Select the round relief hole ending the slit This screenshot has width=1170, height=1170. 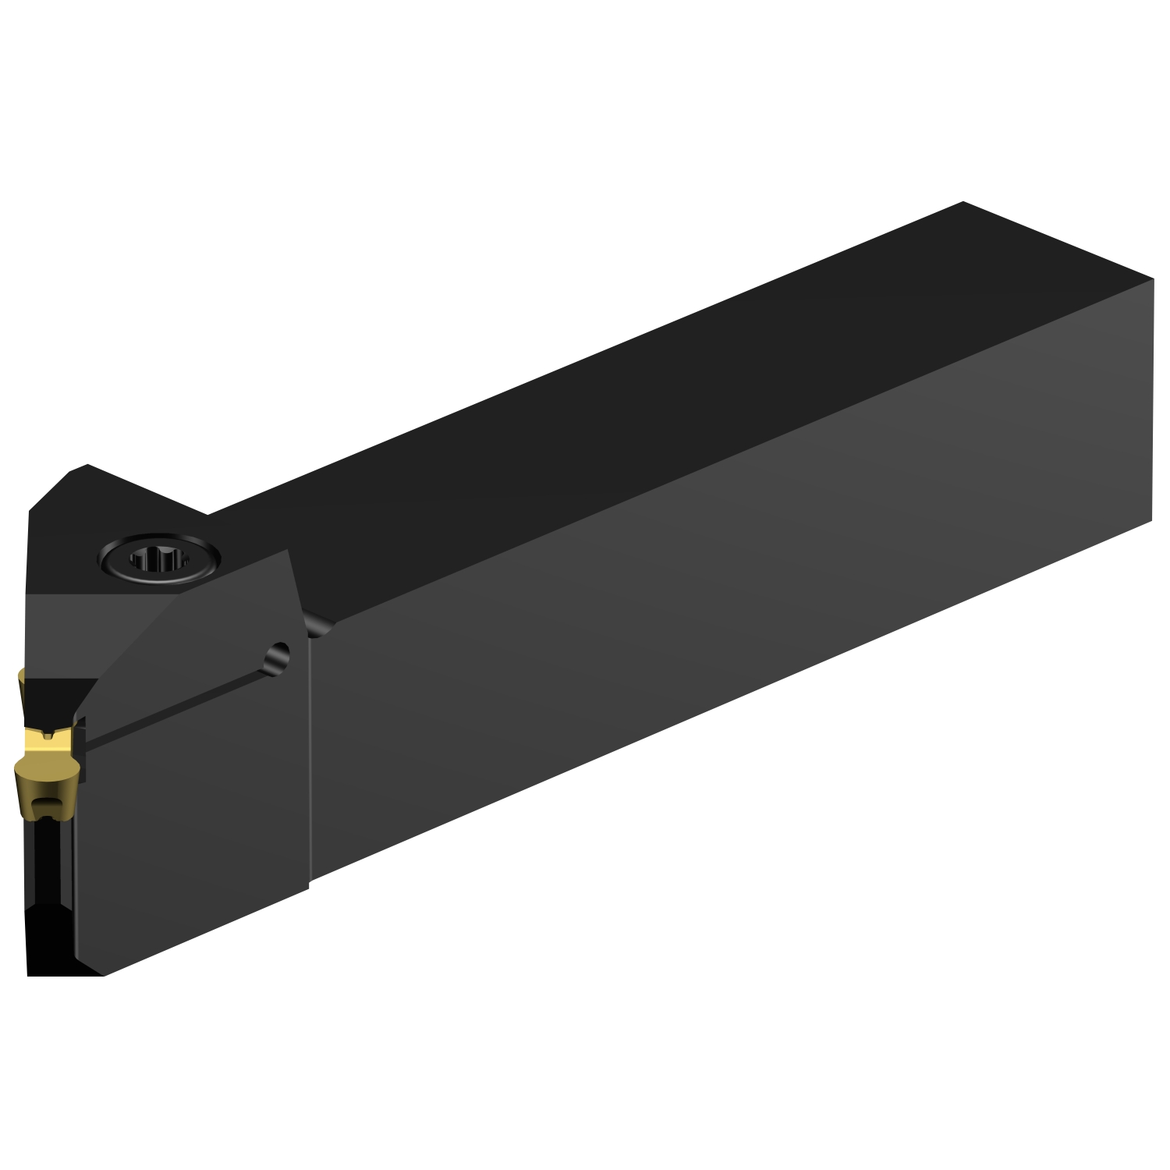pos(276,653)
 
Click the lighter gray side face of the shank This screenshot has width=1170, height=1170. pos(702,624)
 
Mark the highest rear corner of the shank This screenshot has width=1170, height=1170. pos(964,203)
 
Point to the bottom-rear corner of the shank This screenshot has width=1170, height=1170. pos(1152,524)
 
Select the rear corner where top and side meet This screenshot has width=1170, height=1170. pos(1152,278)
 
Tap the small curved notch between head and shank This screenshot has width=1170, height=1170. pos(317,624)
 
